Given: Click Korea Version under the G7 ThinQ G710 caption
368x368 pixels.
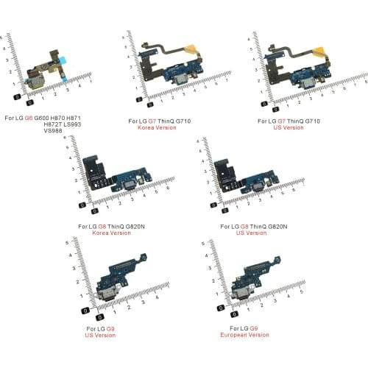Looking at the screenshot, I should pyautogui.click(x=154, y=127).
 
